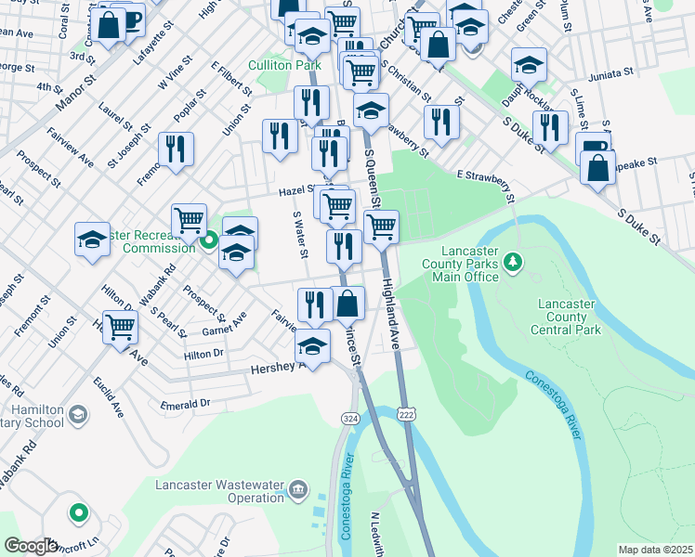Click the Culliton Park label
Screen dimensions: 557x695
coord(284,65)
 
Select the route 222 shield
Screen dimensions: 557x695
coord(405,410)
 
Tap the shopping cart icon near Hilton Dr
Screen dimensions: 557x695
coord(121,326)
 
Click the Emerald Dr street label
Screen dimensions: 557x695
coord(186,405)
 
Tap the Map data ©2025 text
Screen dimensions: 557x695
coord(656,550)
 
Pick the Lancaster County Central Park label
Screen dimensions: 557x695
coord(566,317)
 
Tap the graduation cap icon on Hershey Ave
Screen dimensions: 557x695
coord(313,347)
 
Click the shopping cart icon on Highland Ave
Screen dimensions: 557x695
coord(380,226)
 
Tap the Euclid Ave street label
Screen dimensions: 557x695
coord(109,396)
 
